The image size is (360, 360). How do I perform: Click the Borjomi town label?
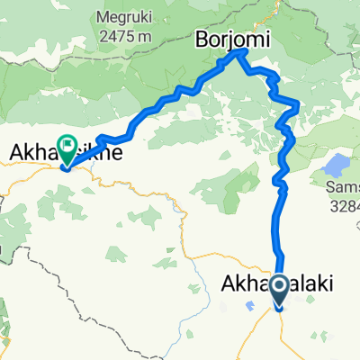pyautogui.click(x=226, y=39)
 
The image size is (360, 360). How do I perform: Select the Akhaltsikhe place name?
pyautogui.click(x=63, y=155)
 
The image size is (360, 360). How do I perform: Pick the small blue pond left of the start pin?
pyautogui.click(x=247, y=305)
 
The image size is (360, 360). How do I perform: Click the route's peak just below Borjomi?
pyautogui.click(x=238, y=53)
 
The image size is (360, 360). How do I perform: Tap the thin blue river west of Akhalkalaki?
pyautogui.click(x=193, y=261)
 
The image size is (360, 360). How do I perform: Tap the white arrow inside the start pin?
pyautogui.click(x=278, y=287)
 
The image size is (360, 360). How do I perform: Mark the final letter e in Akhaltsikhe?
pyautogui.click(x=117, y=155)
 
